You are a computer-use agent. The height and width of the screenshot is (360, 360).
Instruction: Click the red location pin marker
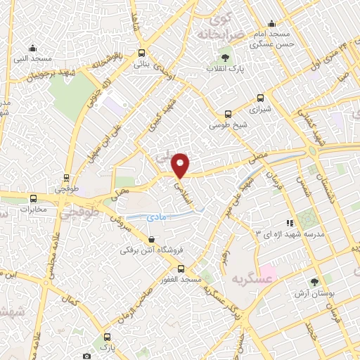[181, 165]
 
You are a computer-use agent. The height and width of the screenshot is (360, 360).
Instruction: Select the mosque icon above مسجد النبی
[32, 48]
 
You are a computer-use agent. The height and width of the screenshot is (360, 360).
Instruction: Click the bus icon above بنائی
[142, 53]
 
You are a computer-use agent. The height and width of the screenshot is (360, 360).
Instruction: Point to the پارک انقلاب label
[224, 68]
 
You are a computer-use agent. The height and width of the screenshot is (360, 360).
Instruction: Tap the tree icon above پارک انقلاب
[225, 58]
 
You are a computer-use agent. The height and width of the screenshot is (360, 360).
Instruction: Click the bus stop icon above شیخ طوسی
[228, 114]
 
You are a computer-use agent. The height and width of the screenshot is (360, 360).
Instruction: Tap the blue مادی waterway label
[157, 219]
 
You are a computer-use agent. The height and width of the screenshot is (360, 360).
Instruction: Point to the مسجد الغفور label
[181, 280]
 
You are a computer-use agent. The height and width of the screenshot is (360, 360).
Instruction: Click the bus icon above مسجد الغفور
[181, 269]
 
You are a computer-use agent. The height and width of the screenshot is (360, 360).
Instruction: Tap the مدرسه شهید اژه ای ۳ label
[300, 233]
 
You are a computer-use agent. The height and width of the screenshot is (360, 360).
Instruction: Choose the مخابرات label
[32, 209]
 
